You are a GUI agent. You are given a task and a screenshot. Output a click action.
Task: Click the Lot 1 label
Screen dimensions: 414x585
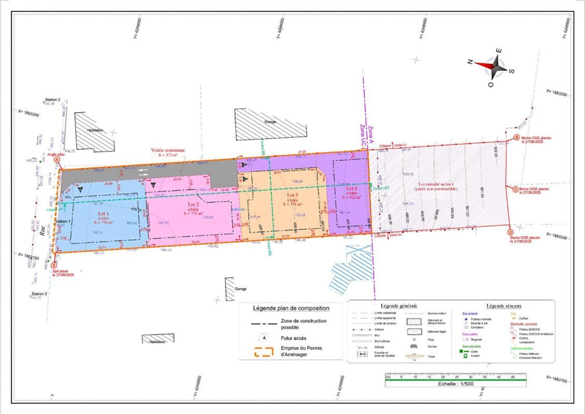[103, 214]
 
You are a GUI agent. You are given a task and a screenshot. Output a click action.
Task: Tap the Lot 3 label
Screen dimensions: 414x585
[293, 195]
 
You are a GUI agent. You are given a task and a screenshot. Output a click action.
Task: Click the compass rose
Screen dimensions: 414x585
[491, 66]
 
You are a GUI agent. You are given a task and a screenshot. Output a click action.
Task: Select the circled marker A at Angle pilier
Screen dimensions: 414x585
[57, 160]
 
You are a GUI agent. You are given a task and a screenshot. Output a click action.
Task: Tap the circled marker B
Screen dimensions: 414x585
[516, 138]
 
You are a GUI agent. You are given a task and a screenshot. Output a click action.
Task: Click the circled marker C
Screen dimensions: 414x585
[516, 189]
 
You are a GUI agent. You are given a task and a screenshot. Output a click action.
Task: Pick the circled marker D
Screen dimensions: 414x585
[511, 232]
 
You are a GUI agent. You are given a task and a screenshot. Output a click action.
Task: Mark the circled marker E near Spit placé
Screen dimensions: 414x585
[54, 265]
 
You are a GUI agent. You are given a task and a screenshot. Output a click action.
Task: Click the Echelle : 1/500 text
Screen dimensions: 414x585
[455, 384]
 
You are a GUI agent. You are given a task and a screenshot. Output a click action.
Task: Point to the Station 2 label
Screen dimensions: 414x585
[53, 99]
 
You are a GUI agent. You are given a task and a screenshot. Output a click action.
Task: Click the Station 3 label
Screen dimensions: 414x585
[39, 293]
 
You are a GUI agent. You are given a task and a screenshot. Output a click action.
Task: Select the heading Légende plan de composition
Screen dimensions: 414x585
[291, 308]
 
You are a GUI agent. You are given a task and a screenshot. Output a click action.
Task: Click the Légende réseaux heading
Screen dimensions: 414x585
[505, 306]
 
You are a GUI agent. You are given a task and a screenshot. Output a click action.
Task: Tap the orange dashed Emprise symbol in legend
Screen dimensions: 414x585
[264, 351]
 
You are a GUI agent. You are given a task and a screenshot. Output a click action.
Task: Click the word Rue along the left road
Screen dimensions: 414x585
[43, 232]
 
